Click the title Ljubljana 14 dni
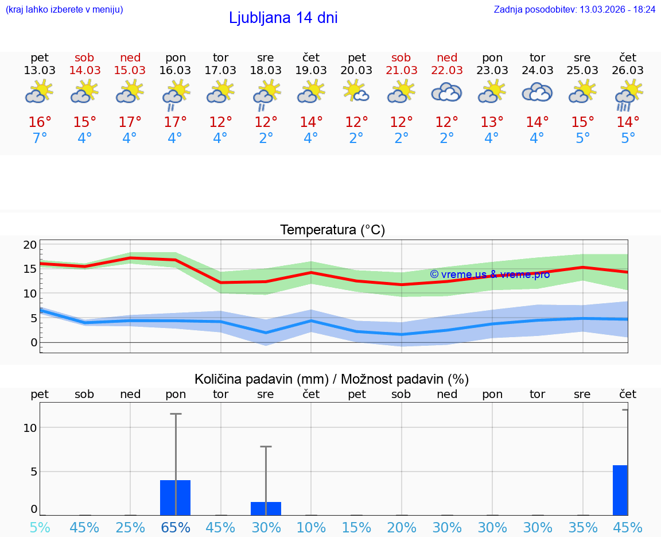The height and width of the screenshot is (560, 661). coord(283,18)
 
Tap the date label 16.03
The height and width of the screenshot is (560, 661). coord(175,70)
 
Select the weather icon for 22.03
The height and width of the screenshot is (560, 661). coord(446,92)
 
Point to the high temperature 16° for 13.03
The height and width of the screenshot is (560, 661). coord(40,122)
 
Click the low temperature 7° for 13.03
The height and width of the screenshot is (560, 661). coord(40,138)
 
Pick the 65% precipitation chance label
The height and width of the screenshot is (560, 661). coord(176,527)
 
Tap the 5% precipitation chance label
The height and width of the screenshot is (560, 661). coord(40,527)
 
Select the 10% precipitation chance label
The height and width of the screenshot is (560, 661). coord(311,527)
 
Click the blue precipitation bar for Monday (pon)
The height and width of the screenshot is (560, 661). coord(175,497)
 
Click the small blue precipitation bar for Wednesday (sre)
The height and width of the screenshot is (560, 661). coord(266,508)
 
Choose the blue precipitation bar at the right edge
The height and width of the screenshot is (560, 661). coord(620,490)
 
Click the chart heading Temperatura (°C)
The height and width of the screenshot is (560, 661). coord(332,230)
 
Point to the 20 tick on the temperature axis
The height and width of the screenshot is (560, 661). coord(30,245)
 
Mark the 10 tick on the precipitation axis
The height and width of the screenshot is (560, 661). coord(30,428)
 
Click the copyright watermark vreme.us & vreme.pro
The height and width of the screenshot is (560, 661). coord(489,275)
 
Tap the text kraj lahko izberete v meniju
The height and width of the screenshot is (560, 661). coord(64,10)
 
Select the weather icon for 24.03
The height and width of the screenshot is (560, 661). coord(537,92)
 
